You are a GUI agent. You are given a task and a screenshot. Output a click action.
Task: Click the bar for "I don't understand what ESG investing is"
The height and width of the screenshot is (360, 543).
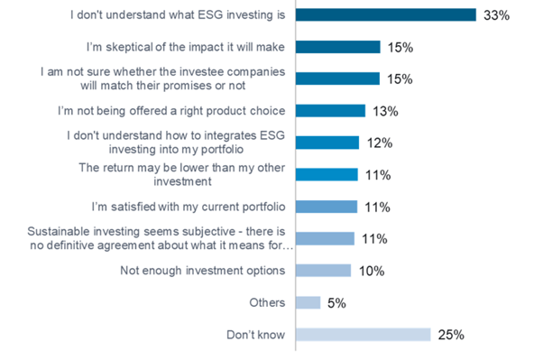[385, 14]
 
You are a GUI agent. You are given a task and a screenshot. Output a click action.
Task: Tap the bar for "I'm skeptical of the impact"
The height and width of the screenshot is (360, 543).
[337, 47]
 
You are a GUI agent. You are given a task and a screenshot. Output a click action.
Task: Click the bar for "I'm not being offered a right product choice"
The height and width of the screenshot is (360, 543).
[330, 111]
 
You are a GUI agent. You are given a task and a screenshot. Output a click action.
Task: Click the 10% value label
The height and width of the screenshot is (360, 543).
[372, 271]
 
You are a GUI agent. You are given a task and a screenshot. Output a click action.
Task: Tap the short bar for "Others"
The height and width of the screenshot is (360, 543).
[308, 302]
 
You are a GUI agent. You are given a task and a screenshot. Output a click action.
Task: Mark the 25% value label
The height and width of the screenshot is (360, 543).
[450, 335]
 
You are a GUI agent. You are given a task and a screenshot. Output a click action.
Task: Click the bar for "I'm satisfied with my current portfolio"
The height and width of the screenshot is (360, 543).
[326, 207]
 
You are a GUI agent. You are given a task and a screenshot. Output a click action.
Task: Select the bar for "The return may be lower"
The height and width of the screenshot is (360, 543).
[326, 174]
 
